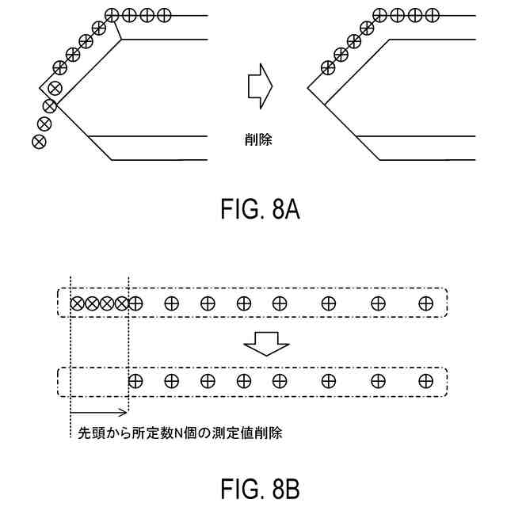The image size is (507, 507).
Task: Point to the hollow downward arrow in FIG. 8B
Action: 266,342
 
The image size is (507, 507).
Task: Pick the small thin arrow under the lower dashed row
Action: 99,412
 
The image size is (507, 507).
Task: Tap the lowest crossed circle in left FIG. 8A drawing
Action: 37,141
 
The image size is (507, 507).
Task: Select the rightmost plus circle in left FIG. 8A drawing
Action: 165,14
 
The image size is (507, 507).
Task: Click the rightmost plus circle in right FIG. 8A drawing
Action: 431,14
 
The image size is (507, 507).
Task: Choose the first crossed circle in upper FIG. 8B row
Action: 78,303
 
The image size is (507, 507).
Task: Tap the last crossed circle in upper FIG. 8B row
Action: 121,303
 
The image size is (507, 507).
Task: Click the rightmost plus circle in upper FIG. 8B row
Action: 426,303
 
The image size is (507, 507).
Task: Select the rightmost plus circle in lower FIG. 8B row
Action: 426,381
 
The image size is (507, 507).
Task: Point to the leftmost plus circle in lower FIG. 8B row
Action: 135,381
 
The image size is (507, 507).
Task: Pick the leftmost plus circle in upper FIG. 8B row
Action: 135,303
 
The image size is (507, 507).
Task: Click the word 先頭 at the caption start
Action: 86,433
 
